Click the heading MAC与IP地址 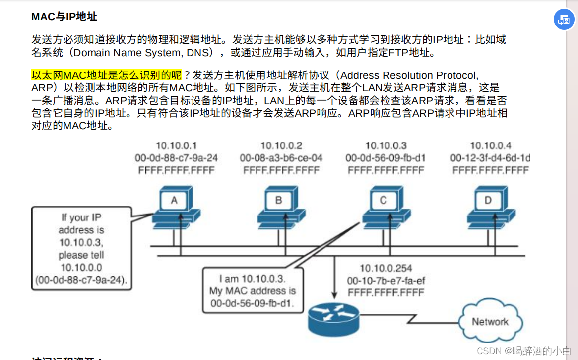[64, 17]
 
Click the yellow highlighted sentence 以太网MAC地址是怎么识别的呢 [106, 75]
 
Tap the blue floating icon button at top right [564, 20]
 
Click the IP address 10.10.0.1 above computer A [176, 145]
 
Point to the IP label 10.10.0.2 [281, 145]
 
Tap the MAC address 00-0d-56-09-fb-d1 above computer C [385, 158]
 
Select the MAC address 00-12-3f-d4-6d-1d [490, 158]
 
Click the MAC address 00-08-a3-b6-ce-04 [281, 158]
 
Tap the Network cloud [489, 322]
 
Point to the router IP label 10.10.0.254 [386, 268]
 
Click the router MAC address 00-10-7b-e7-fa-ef [386, 281]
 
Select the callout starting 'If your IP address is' [82, 249]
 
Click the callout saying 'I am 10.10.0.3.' [253, 290]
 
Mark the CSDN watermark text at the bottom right [523, 351]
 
